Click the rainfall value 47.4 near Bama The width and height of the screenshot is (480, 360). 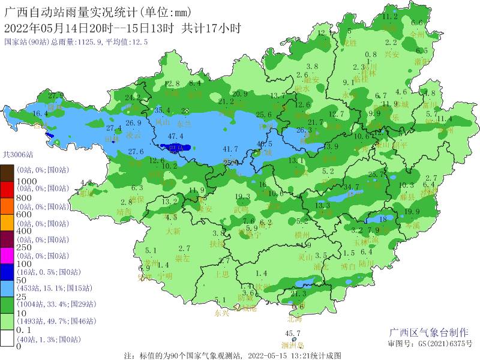tap(175, 137)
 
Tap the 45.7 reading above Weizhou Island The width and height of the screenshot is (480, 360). tap(292, 334)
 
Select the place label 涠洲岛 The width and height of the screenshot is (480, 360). tap(292, 346)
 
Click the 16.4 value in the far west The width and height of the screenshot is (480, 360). tap(40, 114)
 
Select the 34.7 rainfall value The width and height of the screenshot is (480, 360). tap(351, 187)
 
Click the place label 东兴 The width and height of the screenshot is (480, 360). tap(221, 313)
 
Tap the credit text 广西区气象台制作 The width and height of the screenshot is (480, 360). tap(428, 333)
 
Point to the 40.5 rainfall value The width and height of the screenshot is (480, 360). tap(265, 144)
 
